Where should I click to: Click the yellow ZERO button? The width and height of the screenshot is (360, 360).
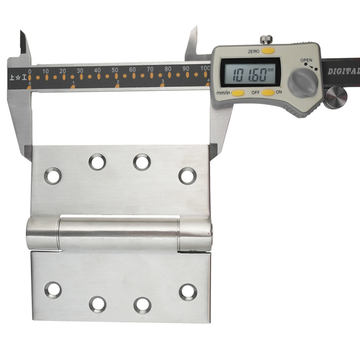268,50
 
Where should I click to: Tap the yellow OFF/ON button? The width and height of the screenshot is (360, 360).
268,93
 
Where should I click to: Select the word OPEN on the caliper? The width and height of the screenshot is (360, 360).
306,60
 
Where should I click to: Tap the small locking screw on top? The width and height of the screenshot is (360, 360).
266,39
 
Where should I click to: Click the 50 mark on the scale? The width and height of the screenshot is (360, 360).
115,70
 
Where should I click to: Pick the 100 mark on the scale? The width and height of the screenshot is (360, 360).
205,68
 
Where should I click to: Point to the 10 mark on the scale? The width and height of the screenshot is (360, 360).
45,71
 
